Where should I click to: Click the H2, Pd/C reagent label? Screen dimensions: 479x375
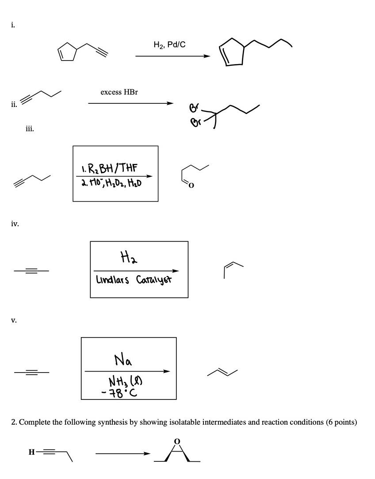point(169,45)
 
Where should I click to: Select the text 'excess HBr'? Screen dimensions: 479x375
point(119,92)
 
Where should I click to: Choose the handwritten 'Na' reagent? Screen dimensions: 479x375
point(122,361)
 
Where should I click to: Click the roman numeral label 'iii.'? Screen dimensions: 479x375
point(30,129)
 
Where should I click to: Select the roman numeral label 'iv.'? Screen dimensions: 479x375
point(15,224)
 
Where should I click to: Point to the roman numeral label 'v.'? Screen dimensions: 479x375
point(14,319)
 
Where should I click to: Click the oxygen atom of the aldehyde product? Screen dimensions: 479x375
point(191,185)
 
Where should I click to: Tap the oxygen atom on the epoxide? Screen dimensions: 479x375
point(177,441)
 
